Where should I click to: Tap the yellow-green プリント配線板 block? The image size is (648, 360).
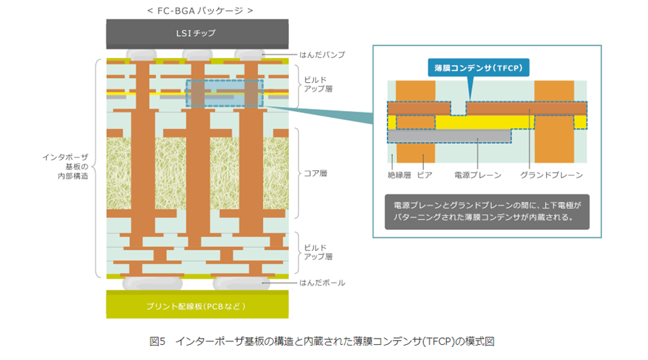(196, 304)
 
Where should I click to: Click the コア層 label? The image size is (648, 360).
(316, 172)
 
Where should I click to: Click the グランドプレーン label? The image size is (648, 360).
(551, 175)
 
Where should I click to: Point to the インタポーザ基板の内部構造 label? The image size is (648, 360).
(66, 166)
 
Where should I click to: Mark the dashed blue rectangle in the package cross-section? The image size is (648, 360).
(224, 93)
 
